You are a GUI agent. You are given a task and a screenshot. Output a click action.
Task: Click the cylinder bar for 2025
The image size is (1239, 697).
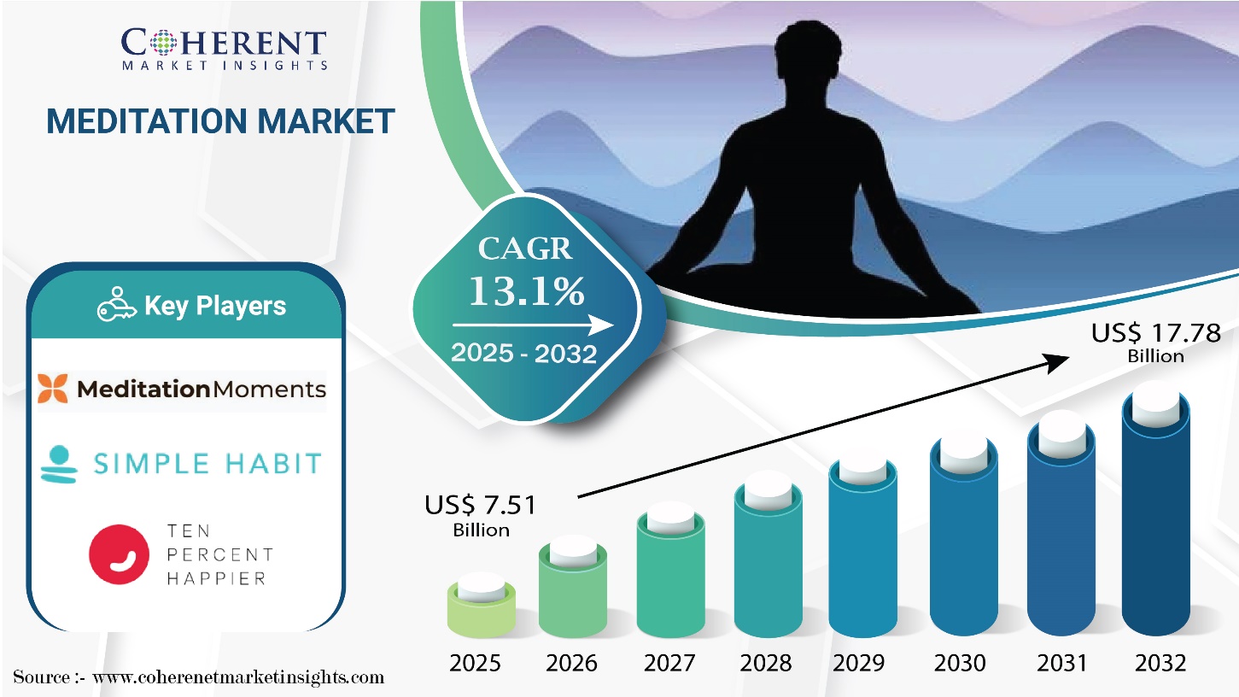(482, 605)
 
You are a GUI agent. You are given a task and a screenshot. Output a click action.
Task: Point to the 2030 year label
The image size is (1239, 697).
(960, 663)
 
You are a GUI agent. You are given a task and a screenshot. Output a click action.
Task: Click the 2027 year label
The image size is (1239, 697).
(669, 663)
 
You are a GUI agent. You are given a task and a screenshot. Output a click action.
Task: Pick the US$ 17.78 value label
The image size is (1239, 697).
(1155, 343)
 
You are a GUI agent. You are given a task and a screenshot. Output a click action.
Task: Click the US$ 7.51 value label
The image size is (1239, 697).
(480, 515)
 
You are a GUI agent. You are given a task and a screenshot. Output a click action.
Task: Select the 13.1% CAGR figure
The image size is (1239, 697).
(526, 291)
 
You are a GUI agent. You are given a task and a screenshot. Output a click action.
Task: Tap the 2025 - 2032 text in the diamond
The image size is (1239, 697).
(523, 353)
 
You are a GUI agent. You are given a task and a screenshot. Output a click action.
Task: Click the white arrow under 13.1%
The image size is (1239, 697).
(533, 325)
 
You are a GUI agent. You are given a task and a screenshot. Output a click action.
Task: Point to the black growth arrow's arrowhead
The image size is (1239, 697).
(1055, 363)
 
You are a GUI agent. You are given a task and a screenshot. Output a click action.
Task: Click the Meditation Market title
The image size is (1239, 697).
(220, 121)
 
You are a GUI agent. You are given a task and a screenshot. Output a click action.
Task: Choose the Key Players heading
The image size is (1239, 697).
(215, 305)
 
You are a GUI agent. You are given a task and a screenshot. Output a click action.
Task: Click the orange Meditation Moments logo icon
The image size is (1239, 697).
(53, 388)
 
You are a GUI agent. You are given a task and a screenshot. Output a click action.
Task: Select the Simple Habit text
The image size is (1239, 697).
(207, 464)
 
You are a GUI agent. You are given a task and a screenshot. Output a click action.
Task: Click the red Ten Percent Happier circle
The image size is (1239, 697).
(119, 554)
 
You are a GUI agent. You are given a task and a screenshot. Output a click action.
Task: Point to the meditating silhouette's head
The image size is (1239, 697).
(809, 54)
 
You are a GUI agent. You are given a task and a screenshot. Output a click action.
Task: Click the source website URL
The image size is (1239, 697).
(238, 677)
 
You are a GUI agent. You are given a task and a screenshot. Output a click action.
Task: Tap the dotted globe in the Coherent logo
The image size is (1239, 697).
(163, 43)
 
